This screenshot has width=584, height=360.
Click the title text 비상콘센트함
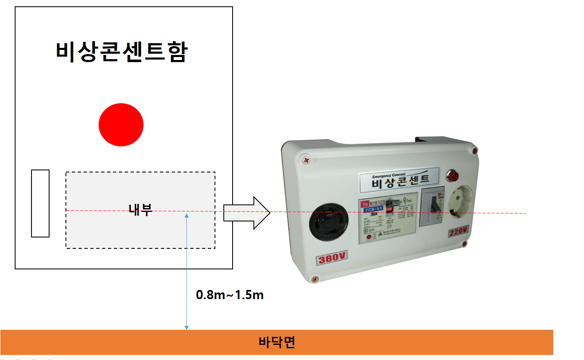122,52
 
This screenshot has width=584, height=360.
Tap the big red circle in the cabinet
121,125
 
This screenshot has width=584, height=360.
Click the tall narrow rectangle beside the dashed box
40,203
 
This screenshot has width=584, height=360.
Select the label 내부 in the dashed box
141,209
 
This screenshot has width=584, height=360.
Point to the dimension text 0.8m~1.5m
230,295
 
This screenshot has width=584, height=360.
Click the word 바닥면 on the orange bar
277,342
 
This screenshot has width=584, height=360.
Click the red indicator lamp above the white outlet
454,175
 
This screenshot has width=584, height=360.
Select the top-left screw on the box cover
307,160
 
